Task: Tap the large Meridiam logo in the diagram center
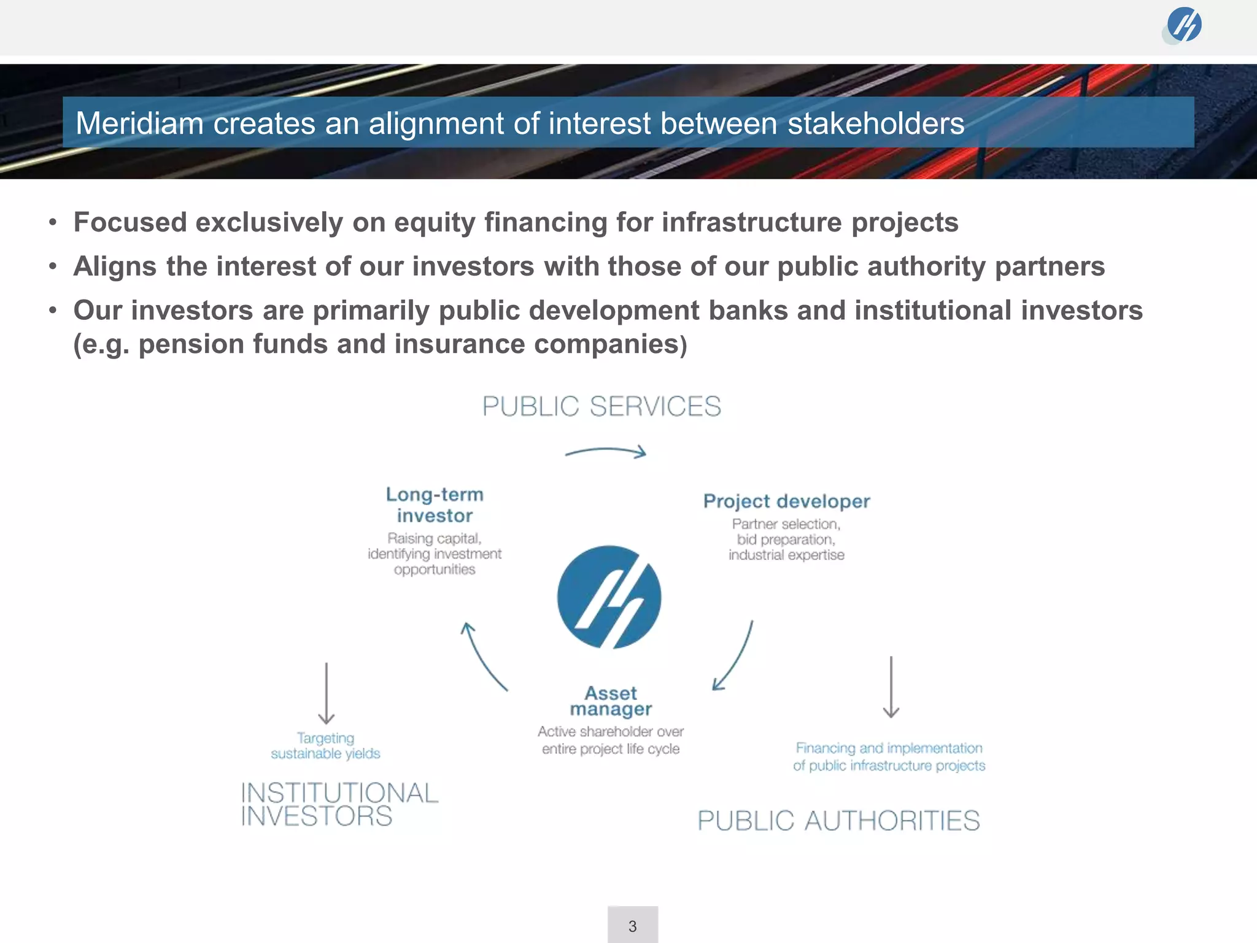(x=609, y=597)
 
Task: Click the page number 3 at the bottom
(x=632, y=926)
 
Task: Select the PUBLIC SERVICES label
(x=601, y=406)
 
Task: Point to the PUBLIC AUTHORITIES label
(x=838, y=821)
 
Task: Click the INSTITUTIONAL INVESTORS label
(x=339, y=804)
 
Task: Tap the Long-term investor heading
(x=435, y=505)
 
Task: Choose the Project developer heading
(x=786, y=501)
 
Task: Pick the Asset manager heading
(x=611, y=701)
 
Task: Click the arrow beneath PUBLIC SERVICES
(x=605, y=452)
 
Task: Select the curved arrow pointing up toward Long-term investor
(x=483, y=656)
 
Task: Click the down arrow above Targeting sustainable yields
(x=326, y=693)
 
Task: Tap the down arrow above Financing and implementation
(x=891, y=687)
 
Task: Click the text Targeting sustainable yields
(x=325, y=745)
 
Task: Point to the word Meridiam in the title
(x=139, y=123)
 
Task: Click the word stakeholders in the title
(x=876, y=123)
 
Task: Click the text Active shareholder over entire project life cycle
(x=611, y=740)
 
